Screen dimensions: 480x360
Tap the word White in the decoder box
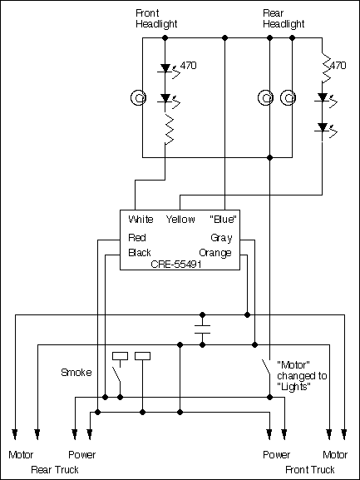[x=141, y=220]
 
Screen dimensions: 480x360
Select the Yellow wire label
[x=180, y=220]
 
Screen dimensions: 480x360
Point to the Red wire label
[x=136, y=237]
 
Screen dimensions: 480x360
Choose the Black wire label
[x=139, y=252]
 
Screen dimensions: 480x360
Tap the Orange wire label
[x=215, y=252]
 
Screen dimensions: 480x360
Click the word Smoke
[x=76, y=372]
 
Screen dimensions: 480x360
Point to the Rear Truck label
[x=55, y=469]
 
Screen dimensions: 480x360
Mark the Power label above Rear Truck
[x=82, y=455]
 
